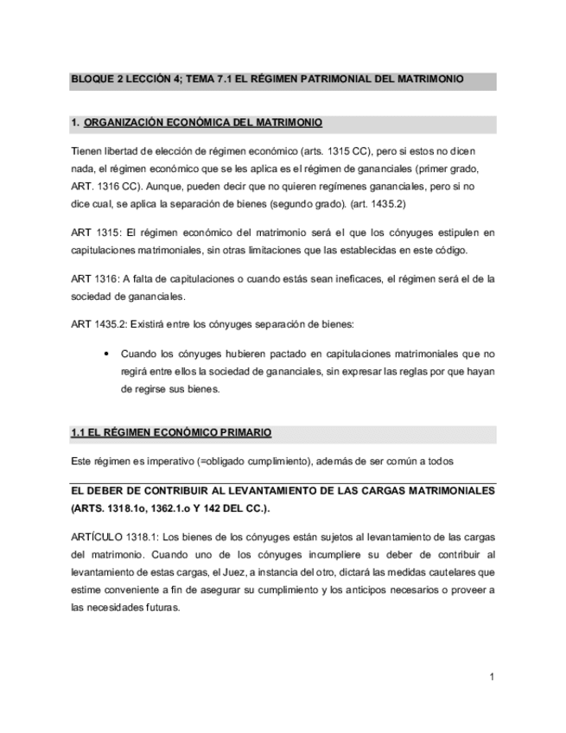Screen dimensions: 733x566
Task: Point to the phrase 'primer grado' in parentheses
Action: click(447, 168)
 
